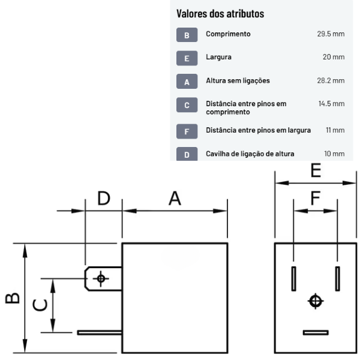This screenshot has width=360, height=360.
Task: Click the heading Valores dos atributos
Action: coord(220,13)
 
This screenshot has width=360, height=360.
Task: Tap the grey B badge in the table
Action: coord(187,35)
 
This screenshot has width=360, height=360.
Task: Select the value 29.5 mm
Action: coord(331,34)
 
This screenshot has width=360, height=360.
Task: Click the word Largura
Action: coord(218,57)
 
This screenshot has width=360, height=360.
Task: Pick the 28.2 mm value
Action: coord(331,80)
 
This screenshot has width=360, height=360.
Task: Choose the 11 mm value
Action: coord(335,130)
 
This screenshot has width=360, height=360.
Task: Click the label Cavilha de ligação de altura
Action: coord(250,154)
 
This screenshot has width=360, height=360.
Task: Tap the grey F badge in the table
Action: coord(187,131)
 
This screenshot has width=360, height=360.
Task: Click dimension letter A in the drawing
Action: coord(174,199)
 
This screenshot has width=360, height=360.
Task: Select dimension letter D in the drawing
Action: coord(104,199)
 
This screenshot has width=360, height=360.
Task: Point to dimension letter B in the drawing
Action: coord(13,298)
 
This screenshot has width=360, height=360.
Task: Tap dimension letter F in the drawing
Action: coord(316,198)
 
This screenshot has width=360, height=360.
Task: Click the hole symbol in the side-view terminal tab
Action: coord(101,278)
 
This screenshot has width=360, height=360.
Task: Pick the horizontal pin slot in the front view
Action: coord(316,332)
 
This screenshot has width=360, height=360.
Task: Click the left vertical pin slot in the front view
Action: coord(293,278)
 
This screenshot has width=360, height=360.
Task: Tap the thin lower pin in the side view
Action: coord(99,332)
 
